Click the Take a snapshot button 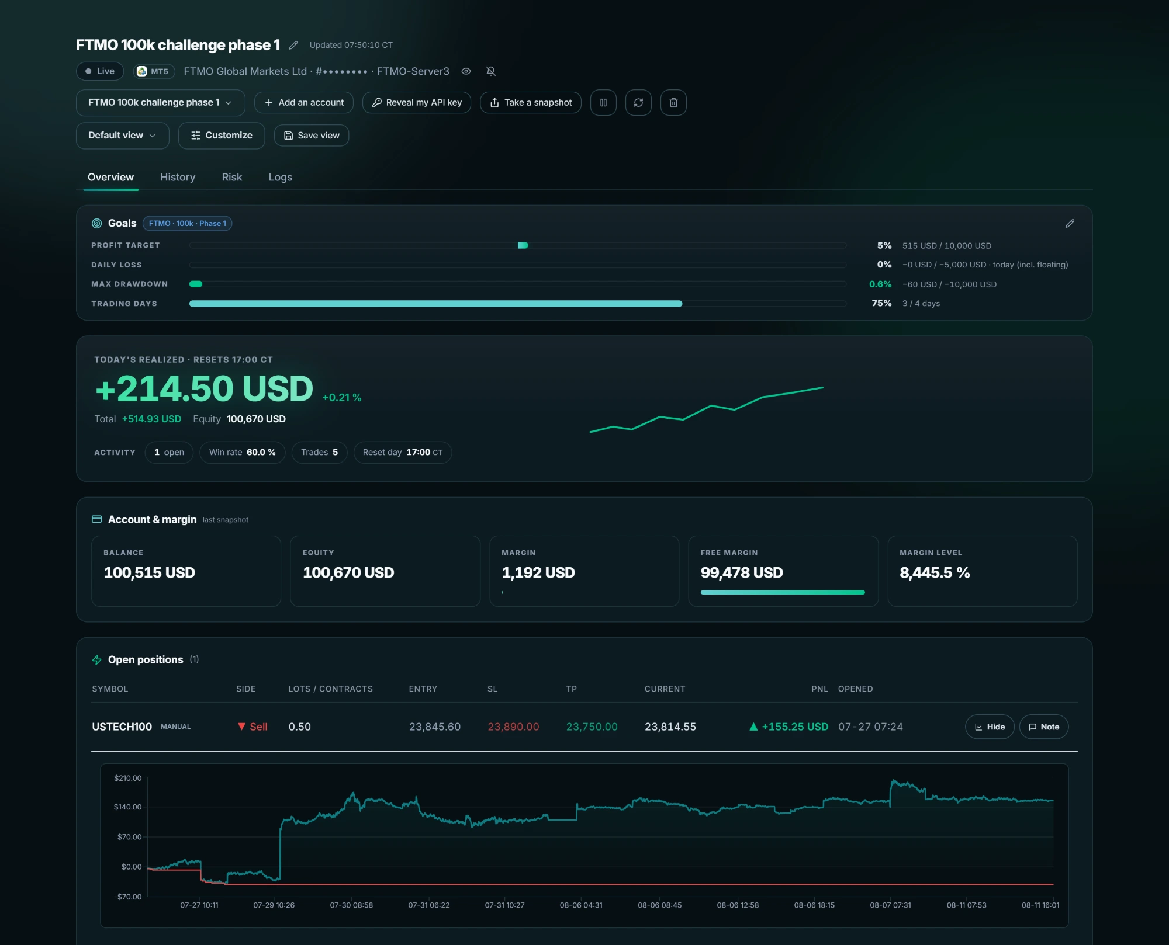tap(531, 103)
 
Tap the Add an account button tap(304, 103)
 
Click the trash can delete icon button tap(673, 103)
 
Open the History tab tap(178, 177)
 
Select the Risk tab tap(232, 177)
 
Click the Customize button tap(222, 136)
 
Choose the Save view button tap(312, 136)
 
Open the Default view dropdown tap(123, 136)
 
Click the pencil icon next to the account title tap(293, 45)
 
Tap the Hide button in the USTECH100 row tap(990, 727)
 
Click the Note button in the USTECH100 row tap(1044, 727)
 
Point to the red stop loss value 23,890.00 tap(513, 727)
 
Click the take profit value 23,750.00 tap(592, 727)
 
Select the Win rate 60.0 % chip tap(243, 453)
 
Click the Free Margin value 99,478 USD tap(742, 572)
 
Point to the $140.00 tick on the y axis tap(128, 807)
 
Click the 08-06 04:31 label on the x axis tap(581, 905)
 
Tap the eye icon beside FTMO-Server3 tap(466, 71)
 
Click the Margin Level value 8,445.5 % tap(935, 572)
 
